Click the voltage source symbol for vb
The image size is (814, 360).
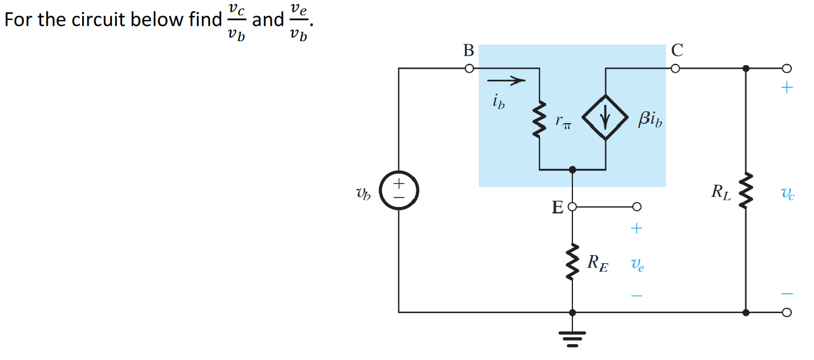click(x=399, y=191)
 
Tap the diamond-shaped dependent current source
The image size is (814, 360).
click(x=605, y=117)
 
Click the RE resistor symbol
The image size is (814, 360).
click(x=572, y=261)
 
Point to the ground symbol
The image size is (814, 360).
click(x=572, y=337)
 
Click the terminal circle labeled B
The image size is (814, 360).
click(x=469, y=69)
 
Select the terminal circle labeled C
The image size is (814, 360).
click(x=676, y=69)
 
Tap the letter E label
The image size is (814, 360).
click(x=557, y=208)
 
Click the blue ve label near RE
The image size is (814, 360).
click(x=637, y=265)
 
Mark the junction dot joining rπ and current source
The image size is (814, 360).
click(x=572, y=169)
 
